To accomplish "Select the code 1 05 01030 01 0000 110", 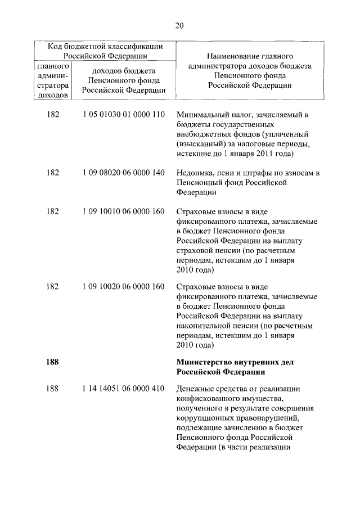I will click(123, 115).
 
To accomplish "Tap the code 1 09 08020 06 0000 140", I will click(123, 172).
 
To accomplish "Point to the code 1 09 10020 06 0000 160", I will click(123, 287).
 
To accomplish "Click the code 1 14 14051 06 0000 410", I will click(123, 388).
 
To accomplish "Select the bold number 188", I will click(52, 362).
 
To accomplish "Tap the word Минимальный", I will click(202, 115).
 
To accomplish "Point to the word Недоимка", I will click(195, 172).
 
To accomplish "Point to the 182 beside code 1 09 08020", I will click(52, 172).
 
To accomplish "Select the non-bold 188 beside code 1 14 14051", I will click(52, 388).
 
